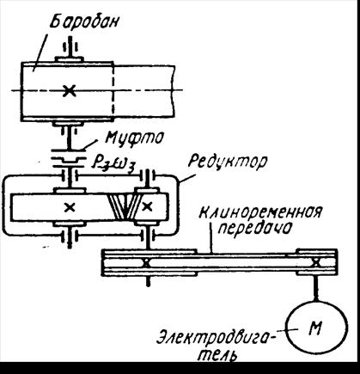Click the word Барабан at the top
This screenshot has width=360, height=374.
pos(84,22)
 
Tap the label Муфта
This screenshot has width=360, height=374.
pos(135,138)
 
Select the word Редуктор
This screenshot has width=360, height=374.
pos(227,162)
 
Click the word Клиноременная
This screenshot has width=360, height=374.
pos(260,212)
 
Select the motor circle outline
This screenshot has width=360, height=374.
pos(287,328)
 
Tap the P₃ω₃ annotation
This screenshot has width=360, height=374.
pos(113,164)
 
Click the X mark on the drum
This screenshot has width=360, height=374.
pos(69,90)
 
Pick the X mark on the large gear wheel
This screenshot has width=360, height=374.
pos(70,207)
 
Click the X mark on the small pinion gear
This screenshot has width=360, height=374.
pos(147,206)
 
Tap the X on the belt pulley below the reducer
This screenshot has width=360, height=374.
pos(146,262)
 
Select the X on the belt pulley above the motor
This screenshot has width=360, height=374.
pos(316,262)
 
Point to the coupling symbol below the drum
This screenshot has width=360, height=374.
pos(69,158)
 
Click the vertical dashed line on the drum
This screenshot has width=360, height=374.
pos(113,90)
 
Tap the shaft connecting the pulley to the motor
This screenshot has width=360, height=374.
pos(316,287)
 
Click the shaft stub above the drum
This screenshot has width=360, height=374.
pos(70,46)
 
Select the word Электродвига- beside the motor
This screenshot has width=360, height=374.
pos(215,337)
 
